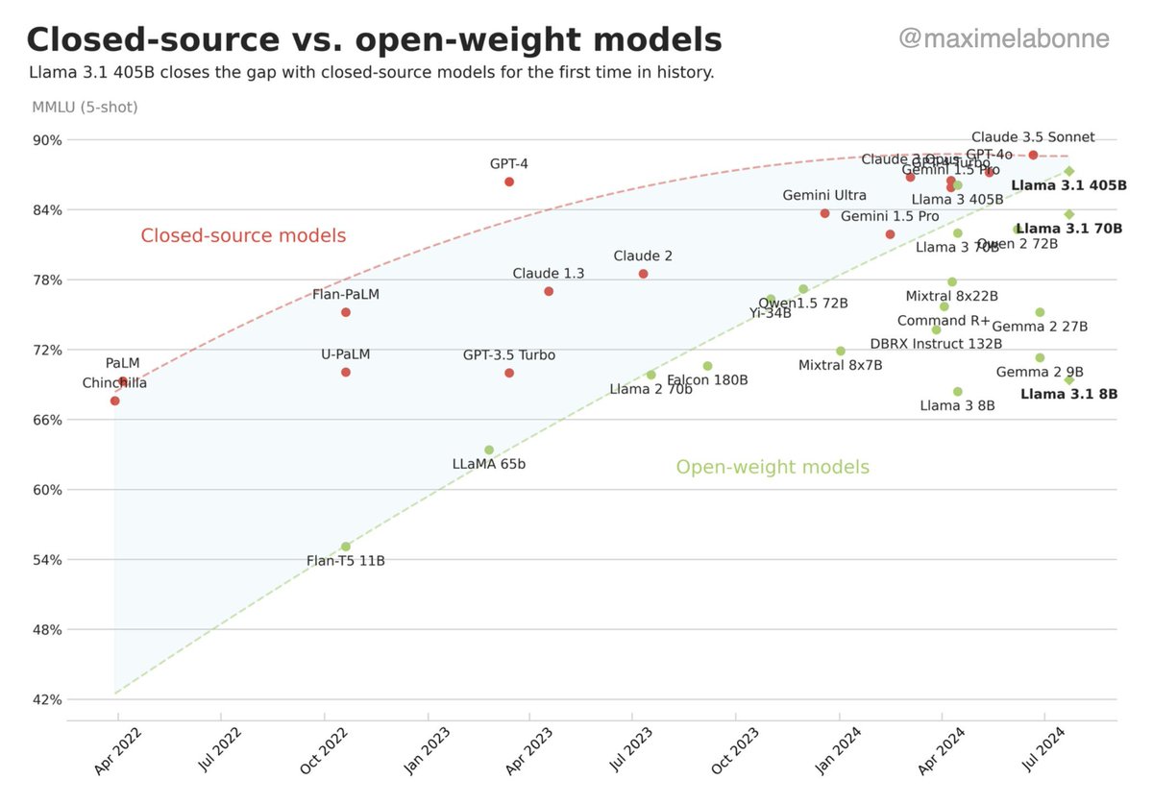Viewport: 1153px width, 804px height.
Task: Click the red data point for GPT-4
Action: pos(509,182)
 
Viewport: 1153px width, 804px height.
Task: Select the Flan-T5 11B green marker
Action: pos(346,547)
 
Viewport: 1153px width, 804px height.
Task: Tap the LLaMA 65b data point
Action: pos(489,450)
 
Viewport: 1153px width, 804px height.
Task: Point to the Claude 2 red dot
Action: pos(644,274)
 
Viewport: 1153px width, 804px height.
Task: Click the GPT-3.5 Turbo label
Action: pos(508,355)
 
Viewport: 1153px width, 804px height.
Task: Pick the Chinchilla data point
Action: pos(115,401)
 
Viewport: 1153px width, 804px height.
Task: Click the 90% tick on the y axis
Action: pos(48,140)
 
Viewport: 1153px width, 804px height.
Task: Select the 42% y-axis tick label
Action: pos(48,700)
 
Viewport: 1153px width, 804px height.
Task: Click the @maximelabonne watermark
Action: pos(1003,38)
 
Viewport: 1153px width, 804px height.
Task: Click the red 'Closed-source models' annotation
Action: pos(243,235)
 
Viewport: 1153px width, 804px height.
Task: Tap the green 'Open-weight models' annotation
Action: pos(773,467)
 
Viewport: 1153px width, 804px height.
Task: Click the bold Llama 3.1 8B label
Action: pos(1068,394)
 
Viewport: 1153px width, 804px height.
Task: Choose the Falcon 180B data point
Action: pos(708,366)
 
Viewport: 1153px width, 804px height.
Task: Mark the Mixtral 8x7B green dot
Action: pos(841,351)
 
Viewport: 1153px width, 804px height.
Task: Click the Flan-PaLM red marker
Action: pos(346,312)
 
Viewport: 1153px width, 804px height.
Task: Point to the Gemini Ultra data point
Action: pos(824,213)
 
